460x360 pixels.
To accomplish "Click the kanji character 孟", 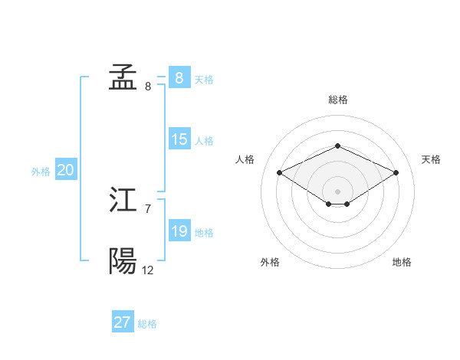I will click(x=123, y=77).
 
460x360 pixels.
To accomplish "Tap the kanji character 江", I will click(x=123, y=201).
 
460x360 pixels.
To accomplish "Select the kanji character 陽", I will click(x=123, y=262).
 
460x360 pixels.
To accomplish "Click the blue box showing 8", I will click(x=179, y=77).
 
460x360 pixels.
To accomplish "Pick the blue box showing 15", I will click(x=179, y=139).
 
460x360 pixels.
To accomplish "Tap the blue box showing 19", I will click(x=179, y=231).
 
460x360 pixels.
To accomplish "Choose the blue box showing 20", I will click(x=65, y=171).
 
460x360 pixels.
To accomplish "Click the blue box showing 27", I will click(x=123, y=322).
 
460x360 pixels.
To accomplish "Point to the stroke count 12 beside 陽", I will click(x=147, y=270).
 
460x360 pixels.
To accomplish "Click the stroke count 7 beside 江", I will click(x=147, y=208).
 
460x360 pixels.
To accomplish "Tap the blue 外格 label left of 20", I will click(x=41, y=172).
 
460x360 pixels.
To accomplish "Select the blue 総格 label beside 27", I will click(x=147, y=324).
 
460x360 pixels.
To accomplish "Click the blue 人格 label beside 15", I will click(x=204, y=141).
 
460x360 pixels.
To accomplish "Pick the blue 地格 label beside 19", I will click(x=204, y=233).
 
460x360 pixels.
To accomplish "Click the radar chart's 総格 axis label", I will click(x=337, y=100).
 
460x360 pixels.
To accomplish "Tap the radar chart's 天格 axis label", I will click(x=431, y=159).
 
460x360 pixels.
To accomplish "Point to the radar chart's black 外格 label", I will click(x=270, y=262).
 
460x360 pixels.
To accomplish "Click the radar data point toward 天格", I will click(x=396, y=172).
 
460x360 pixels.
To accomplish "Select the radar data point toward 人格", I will click(x=280, y=172).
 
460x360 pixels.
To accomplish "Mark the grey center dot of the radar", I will click(x=337, y=191).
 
